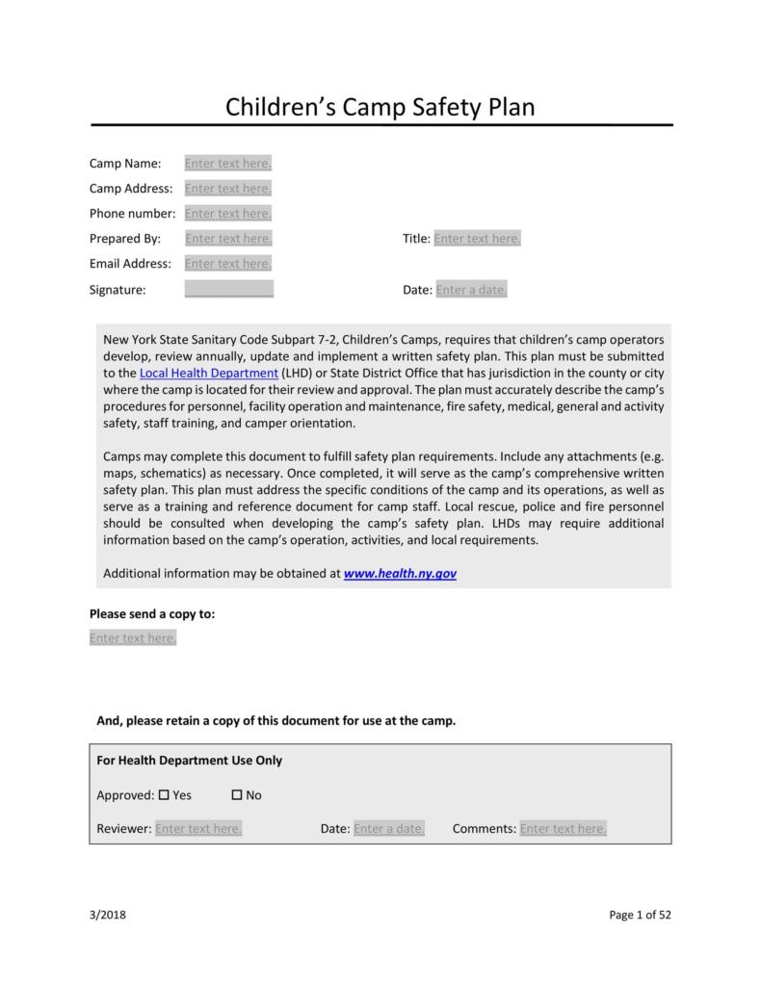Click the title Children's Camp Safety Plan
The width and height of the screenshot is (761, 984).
pyautogui.click(x=380, y=106)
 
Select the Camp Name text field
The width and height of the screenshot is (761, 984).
pyautogui.click(x=228, y=164)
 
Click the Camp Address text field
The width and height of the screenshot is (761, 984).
pyautogui.click(x=228, y=189)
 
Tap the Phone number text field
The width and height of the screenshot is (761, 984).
pyautogui.click(x=228, y=214)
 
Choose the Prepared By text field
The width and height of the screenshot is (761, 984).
pyautogui.click(x=228, y=239)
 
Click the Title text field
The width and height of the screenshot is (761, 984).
pyautogui.click(x=477, y=239)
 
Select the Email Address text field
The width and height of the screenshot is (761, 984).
pyautogui.click(x=228, y=264)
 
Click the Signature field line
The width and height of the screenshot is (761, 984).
pyautogui.click(x=228, y=289)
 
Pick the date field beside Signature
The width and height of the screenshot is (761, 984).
pyautogui.click(x=471, y=290)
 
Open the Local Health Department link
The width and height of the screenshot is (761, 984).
pyautogui.click(x=209, y=373)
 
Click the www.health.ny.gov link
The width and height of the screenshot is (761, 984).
pyautogui.click(x=400, y=574)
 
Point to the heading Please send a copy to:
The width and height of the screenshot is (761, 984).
pyautogui.click(x=152, y=613)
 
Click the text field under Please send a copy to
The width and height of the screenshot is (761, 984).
pyautogui.click(x=133, y=638)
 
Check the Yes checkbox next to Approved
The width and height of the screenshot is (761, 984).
pyautogui.click(x=164, y=795)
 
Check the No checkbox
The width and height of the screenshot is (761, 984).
pyautogui.click(x=237, y=795)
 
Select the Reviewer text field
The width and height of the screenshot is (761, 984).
pyautogui.click(x=198, y=829)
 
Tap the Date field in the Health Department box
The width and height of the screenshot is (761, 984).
pyautogui.click(x=389, y=829)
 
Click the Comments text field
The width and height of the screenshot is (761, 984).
pyautogui.click(x=563, y=829)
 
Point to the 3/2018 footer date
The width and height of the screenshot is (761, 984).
pyautogui.click(x=108, y=915)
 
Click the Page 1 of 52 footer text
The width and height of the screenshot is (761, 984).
pyautogui.click(x=640, y=915)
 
